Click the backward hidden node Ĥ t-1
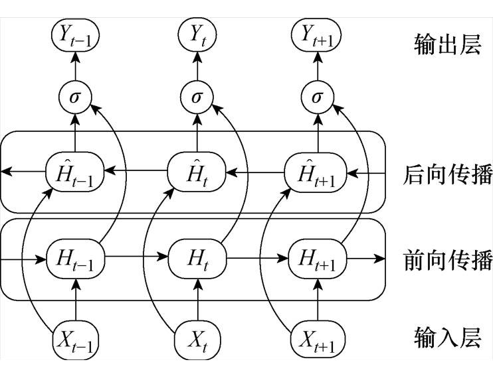75,172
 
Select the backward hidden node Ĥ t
197,172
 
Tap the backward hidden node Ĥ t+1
317,172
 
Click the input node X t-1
75,341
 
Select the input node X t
197,341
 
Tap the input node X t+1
317,341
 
